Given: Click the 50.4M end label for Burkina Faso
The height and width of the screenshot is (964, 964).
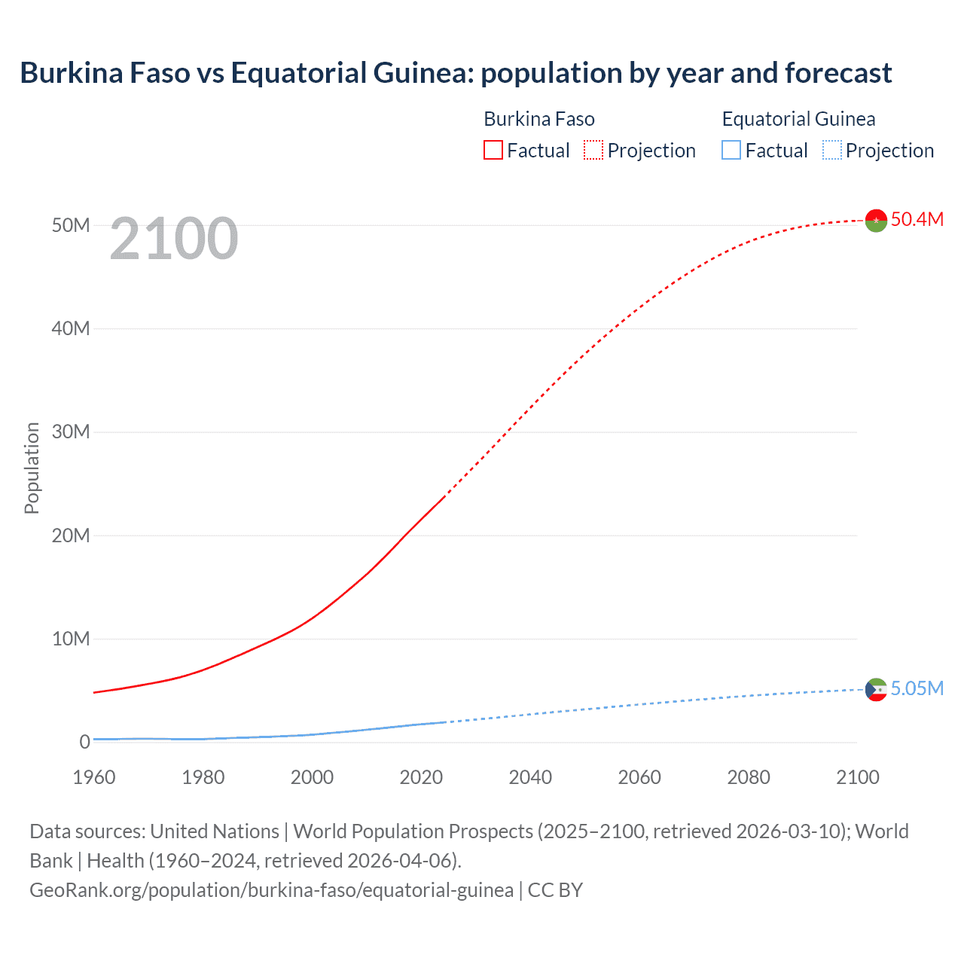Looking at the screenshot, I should [x=917, y=219].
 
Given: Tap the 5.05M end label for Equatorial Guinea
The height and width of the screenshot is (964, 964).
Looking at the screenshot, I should [x=917, y=688].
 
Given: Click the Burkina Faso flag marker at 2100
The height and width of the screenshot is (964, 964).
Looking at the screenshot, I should [x=876, y=220].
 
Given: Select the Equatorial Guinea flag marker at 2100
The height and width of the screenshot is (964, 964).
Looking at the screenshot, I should [x=876, y=689].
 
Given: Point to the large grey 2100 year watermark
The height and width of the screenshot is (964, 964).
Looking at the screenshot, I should [x=174, y=239].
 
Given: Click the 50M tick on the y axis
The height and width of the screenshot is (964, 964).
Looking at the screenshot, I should [x=71, y=225].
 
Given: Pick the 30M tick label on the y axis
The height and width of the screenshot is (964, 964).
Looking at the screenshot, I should [x=71, y=432].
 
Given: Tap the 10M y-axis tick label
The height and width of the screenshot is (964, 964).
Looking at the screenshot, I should [x=71, y=639].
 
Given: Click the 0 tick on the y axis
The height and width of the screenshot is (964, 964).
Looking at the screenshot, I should [x=84, y=742].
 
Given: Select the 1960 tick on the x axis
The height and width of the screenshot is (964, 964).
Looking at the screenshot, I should [x=94, y=777].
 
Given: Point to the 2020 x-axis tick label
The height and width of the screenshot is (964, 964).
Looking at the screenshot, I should [x=421, y=777].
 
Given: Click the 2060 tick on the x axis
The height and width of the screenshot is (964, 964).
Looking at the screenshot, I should [x=639, y=777].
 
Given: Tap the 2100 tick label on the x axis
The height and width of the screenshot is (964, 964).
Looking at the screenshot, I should [x=857, y=777].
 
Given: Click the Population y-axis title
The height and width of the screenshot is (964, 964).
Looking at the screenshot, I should [x=32, y=468].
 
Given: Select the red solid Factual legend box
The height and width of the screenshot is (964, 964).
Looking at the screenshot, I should [x=493, y=150].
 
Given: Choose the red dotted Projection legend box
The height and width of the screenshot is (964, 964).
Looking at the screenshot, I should [x=593, y=150].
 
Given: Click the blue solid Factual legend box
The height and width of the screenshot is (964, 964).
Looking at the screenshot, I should [x=731, y=150].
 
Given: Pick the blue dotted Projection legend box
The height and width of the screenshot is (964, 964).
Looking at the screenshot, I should [x=831, y=150].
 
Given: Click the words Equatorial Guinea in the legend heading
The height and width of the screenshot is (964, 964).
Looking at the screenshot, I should [x=798, y=119].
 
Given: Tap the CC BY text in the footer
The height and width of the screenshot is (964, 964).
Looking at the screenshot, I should [x=555, y=889].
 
